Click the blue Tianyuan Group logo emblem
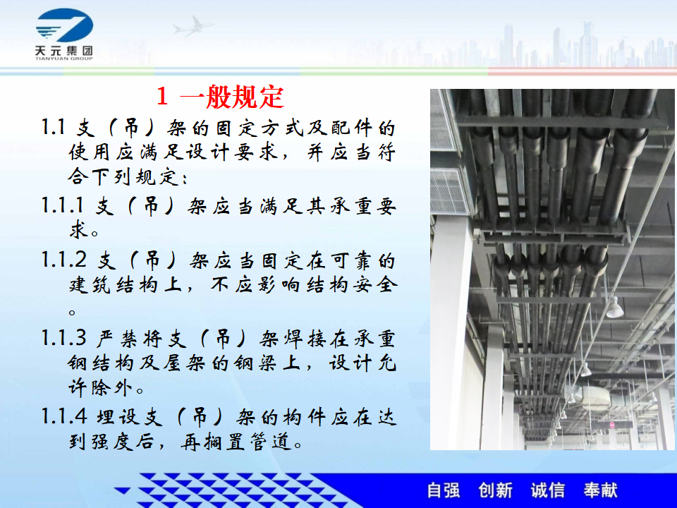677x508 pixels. click(64, 25)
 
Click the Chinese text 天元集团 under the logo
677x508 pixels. click(64, 51)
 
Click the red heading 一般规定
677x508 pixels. click(232, 97)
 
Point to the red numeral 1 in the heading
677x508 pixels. click(162, 97)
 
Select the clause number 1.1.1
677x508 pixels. click(63, 205)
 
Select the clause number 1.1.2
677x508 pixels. click(64, 260)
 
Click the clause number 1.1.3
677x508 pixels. click(64, 337)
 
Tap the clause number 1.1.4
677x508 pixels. click(64, 416)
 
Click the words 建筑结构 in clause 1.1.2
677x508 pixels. click(113, 284)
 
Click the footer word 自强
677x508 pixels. click(444, 490)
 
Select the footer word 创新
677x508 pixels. click(496, 490)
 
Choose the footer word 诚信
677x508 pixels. click(548, 490)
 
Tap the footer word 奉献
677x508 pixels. click(601, 490)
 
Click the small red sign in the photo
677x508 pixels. click(611, 425)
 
